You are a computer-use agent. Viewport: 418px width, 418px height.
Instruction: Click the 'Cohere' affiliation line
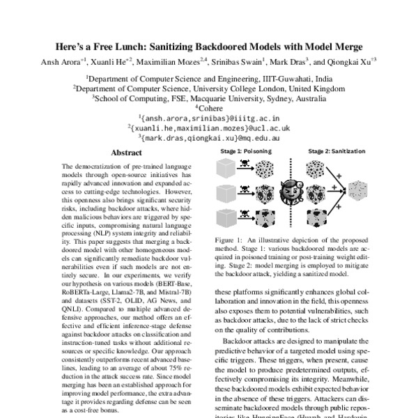click(x=209, y=108)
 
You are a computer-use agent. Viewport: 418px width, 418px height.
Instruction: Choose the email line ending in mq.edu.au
click(x=209, y=139)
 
